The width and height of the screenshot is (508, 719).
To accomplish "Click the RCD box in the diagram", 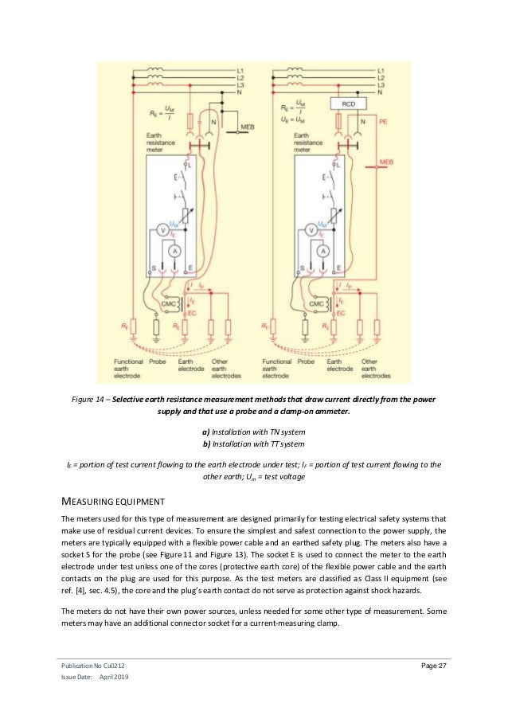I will pos(348,104).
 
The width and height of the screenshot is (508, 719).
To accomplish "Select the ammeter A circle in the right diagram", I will pos(323,250).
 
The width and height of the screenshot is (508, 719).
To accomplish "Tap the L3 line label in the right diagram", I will pos(383,85).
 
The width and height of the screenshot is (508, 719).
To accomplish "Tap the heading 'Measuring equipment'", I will pos(110,502).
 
